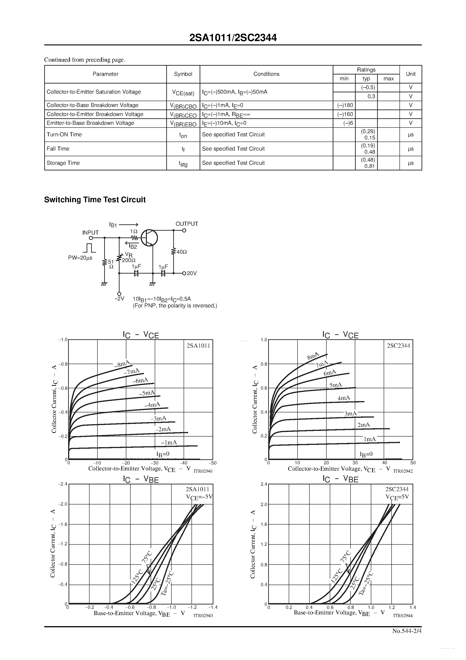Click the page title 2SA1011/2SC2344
233,38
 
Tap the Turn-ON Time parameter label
64,135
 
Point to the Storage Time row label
63,163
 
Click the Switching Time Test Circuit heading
95,200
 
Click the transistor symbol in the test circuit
149,238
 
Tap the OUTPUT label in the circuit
187,224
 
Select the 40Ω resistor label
182,252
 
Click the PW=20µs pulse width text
80,258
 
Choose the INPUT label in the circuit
90,232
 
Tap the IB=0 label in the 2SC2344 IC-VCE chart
366,454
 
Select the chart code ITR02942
403,471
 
